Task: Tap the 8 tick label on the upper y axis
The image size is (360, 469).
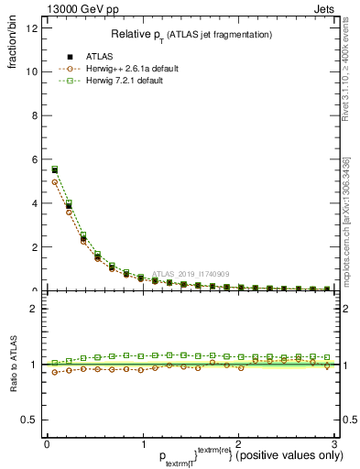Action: point(34,115)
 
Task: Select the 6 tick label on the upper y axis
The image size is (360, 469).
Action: point(34,159)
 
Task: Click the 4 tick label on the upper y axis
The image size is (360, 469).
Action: point(34,203)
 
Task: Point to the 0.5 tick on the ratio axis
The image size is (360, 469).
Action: point(29,420)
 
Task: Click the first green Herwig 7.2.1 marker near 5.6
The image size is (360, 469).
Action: point(54,169)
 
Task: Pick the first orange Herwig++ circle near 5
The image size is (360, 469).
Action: point(54,182)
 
